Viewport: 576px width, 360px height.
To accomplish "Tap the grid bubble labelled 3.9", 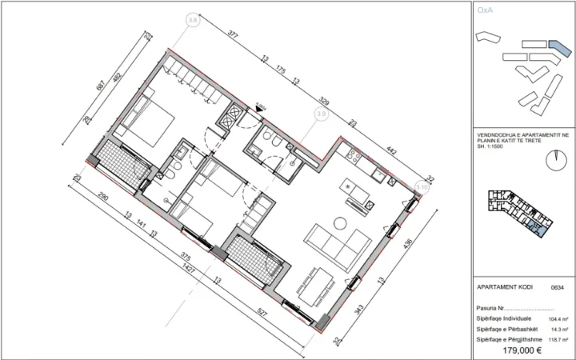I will pos(322,114).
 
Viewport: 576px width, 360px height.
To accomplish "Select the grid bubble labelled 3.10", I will pos(422,188).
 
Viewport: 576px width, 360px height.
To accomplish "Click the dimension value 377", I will pos(233,36).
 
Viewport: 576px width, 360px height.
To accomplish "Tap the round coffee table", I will pos(342,222).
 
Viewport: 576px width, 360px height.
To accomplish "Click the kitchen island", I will pos(357,190).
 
